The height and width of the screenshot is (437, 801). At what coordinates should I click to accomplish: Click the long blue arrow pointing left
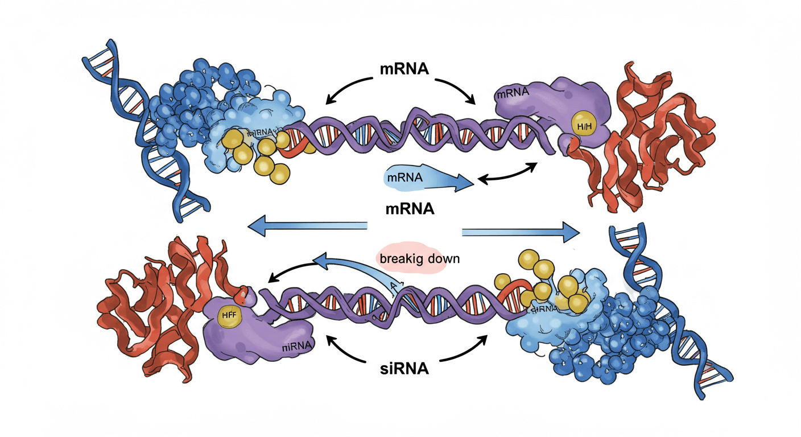307,226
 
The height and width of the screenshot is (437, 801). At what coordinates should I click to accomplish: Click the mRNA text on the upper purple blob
513,92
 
